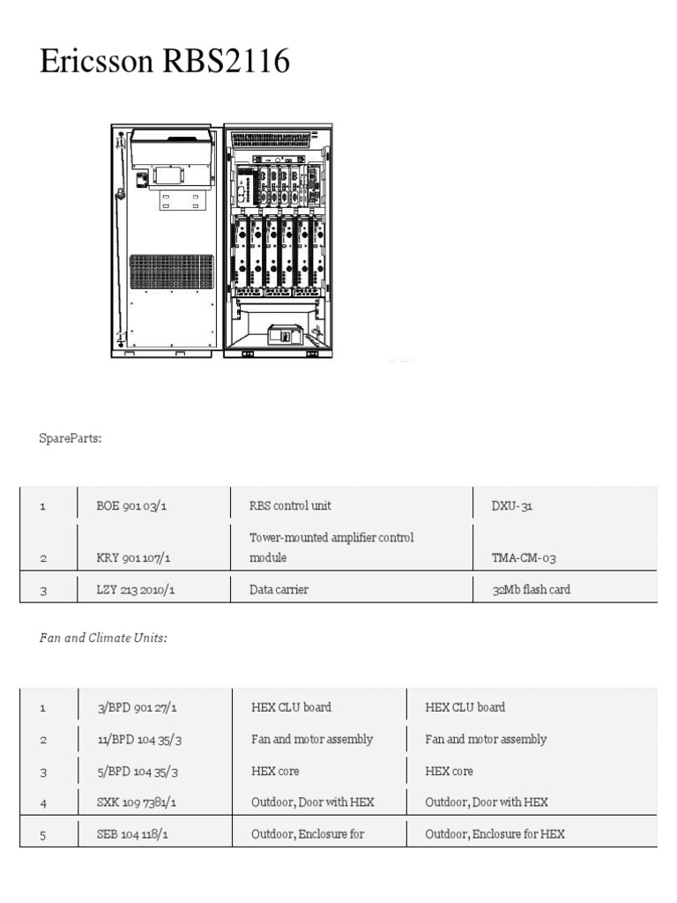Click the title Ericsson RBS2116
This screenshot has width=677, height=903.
coord(165,63)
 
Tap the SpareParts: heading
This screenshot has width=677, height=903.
coord(71,437)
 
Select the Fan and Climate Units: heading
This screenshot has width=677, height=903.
coord(103,638)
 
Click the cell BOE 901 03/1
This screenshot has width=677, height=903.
coord(136,507)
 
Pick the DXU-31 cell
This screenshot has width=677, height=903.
coord(512,507)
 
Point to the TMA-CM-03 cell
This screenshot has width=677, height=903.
coord(524,558)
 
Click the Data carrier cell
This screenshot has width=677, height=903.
coord(279,590)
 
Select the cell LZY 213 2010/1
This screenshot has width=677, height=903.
coord(136,590)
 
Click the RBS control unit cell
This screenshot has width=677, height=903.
coord(291,507)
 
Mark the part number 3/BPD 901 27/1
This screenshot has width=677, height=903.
coord(143,708)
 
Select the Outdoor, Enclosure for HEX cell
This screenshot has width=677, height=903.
coord(495,834)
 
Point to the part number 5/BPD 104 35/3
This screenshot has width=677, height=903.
coord(141,772)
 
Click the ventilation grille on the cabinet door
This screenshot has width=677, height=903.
coord(172,272)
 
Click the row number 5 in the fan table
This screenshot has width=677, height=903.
coord(42,834)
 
